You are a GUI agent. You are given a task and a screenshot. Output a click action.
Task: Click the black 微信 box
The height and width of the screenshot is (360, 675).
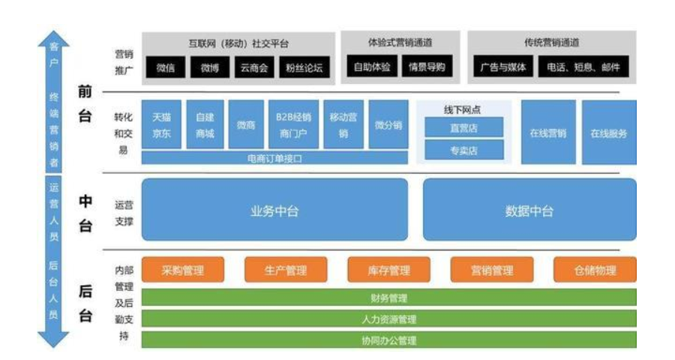click(165, 67)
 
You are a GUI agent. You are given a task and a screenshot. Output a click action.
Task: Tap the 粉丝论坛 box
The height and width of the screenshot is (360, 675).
click(304, 67)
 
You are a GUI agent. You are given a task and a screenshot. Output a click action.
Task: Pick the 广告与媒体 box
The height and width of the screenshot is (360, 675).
click(503, 67)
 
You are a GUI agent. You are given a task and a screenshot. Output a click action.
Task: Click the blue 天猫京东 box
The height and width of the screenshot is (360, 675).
click(161, 124)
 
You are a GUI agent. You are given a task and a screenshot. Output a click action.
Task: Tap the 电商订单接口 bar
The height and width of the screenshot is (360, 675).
click(274, 158)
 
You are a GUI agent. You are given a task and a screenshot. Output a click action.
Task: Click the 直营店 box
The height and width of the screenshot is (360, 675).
click(463, 128)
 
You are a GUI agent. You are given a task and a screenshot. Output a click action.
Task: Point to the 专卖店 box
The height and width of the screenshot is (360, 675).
click(463, 150)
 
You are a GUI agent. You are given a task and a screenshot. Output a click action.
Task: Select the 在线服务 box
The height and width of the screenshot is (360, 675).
click(608, 133)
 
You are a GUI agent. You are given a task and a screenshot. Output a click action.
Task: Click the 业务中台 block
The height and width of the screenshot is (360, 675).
click(274, 210)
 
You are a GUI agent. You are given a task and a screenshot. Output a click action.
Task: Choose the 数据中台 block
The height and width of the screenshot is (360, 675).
click(529, 210)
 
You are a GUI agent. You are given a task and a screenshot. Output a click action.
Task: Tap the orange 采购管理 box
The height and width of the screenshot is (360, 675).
click(183, 270)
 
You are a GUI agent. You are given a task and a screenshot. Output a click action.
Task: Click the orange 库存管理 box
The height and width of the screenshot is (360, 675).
click(389, 270)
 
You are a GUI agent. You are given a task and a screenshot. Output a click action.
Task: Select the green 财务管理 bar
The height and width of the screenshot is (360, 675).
click(388, 298)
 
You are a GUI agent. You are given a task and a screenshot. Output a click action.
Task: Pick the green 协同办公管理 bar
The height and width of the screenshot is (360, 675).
click(388, 340)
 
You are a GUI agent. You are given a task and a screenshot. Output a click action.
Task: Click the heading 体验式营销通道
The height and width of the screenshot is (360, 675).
click(401, 43)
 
